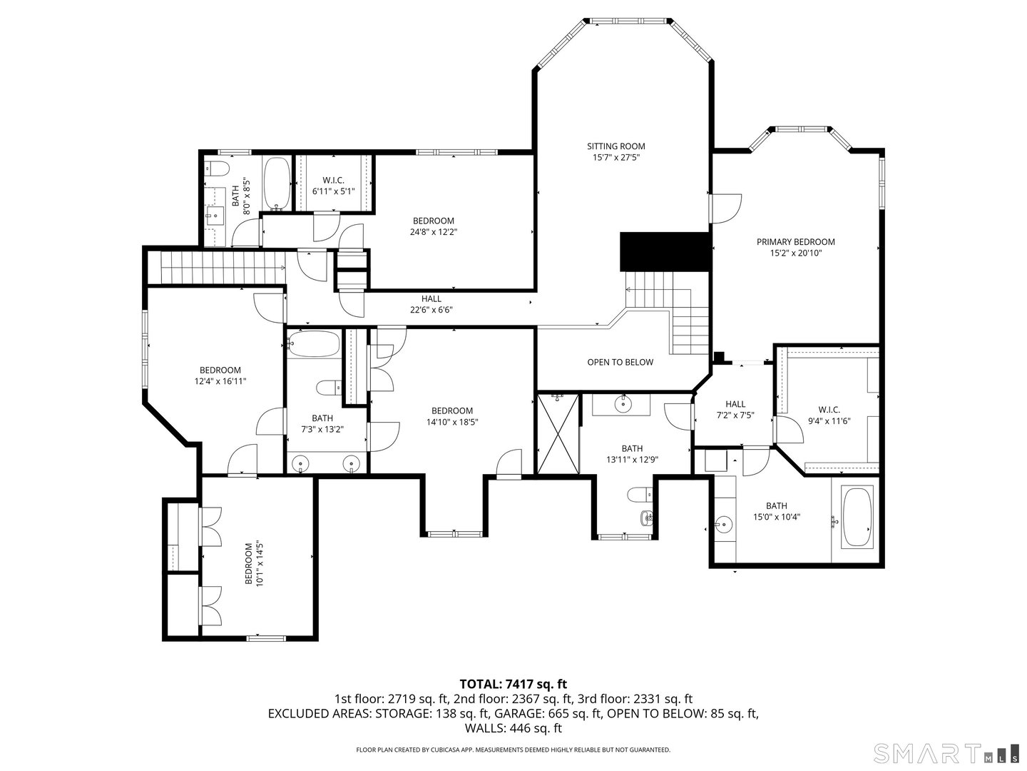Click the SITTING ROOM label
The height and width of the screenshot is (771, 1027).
[615, 146]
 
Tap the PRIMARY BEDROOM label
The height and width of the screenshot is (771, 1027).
[795, 242]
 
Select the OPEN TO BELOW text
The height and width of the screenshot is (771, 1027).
[620, 362]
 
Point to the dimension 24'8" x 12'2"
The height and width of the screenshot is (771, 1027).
[433, 232]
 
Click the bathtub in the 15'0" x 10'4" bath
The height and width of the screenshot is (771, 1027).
[857, 517]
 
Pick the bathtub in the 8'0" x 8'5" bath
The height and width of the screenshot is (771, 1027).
[277, 183]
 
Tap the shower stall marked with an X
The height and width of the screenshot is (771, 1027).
[558, 433]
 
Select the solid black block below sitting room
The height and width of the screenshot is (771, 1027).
[665, 251]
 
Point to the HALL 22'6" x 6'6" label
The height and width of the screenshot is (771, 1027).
[431, 304]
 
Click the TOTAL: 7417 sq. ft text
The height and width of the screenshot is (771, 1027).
[513, 684]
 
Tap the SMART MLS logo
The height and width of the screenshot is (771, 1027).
[946, 753]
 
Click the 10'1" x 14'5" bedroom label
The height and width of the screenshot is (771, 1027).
[255, 564]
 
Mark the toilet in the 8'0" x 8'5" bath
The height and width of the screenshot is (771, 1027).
[217, 168]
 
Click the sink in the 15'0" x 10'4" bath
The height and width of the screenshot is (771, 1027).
[724, 525]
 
